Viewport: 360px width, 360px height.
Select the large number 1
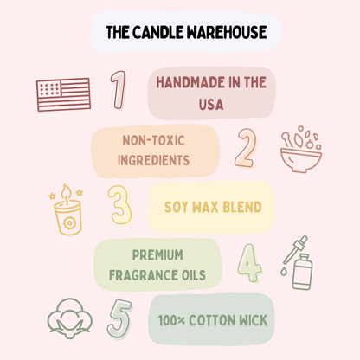pyautogui.click(x=118, y=91)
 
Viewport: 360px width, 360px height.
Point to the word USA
pyautogui.click(x=210, y=105)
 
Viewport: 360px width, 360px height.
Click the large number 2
pyautogui.click(x=246, y=147)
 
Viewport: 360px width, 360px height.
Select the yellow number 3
pyautogui.click(x=119, y=205)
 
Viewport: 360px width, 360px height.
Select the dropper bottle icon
pyautogui.click(x=300, y=263)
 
